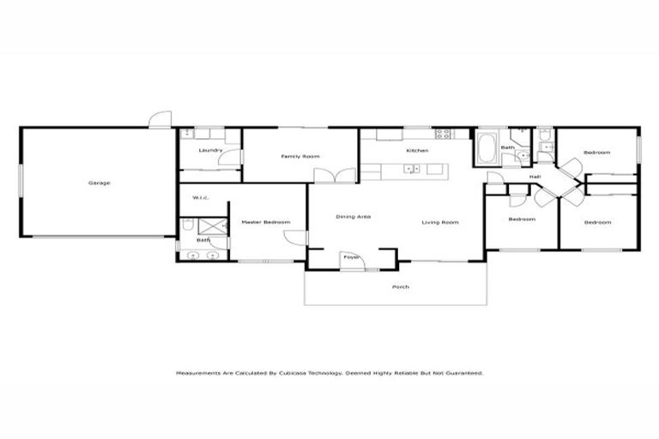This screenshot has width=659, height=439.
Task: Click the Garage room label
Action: tap(99, 183)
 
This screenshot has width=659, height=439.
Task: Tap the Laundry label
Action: tap(210, 151)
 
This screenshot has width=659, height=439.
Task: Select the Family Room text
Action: tap(300, 157)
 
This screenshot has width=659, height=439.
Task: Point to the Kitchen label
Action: tap(417, 151)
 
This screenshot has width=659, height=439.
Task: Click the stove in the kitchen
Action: tap(443, 134)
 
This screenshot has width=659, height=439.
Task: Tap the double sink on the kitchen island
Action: tap(412, 169)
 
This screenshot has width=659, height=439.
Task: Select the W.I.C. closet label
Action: tap(202, 198)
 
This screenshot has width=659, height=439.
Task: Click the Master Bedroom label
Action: tap(265, 223)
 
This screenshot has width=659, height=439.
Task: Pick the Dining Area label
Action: tap(353, 217)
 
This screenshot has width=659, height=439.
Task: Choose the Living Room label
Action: tap(440, 223)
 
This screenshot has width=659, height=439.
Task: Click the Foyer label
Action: tap(351, 256)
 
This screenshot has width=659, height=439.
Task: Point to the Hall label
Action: tap(535, 177)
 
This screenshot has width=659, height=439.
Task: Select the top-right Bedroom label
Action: tap(596, 153)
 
